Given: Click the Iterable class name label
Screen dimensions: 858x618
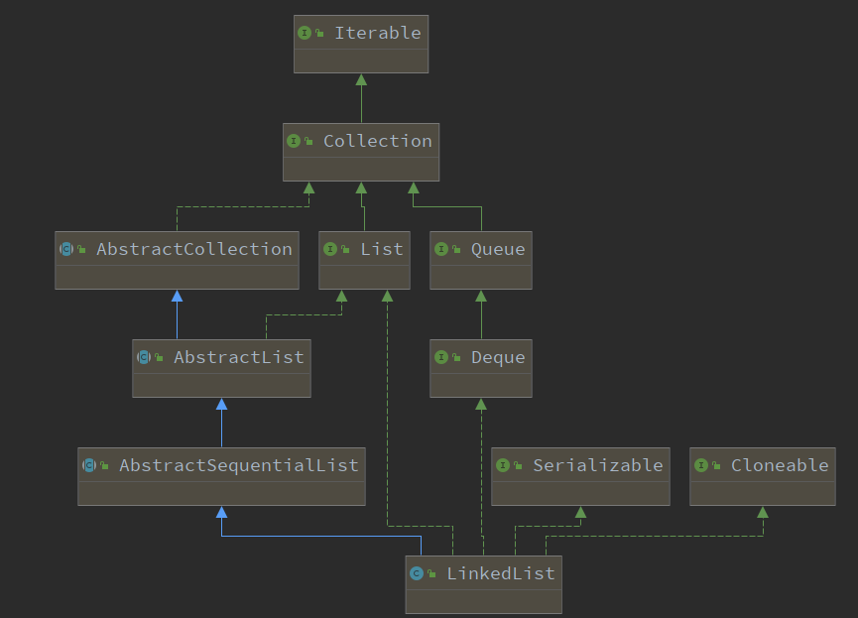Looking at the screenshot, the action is pos(378,33).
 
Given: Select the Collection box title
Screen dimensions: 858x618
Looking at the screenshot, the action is pos(378,141).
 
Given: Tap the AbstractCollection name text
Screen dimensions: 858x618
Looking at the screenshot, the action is pos(194,249).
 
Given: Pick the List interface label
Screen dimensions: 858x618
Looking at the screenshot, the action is pos(382,249).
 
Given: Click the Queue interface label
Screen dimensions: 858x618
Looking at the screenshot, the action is pos(498,250).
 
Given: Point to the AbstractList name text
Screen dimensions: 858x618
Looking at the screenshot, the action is pos(239,357).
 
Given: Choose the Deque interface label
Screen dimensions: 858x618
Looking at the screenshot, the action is pos(498,357).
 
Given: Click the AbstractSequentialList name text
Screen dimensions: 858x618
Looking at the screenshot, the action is pos(239,465).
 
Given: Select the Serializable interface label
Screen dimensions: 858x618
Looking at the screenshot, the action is pos(597,465).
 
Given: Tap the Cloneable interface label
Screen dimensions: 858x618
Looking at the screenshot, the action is pos(780,465).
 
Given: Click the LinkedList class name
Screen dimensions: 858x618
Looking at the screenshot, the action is pos(501,573).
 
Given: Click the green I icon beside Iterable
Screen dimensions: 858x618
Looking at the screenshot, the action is pos(305,33).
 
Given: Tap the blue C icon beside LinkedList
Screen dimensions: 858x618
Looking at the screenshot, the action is pos(417,573).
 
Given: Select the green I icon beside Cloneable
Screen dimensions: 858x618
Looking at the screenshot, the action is pos(701,465).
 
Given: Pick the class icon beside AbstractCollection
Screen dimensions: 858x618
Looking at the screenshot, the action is pos(66,249).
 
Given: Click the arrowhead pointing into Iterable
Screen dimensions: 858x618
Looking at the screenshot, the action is pos(361,80).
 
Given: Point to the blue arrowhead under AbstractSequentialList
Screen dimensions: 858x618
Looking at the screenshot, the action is pos(221,512).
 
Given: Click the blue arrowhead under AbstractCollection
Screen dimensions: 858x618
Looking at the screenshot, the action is pos(177,297).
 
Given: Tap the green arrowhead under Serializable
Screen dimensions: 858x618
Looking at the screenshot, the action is pos(580,512).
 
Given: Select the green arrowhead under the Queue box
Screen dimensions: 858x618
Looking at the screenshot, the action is pos(481,297).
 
